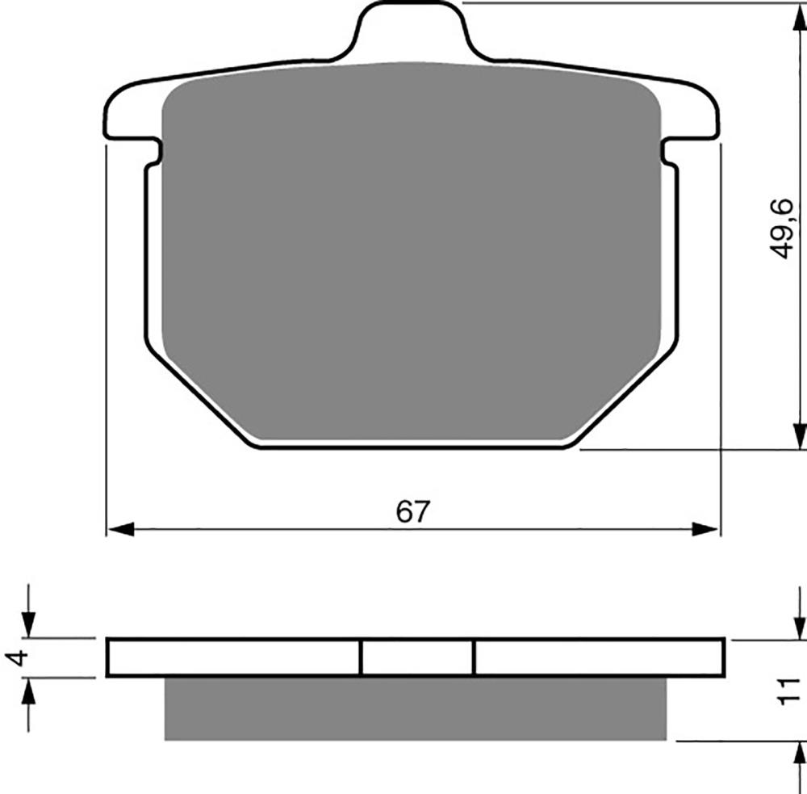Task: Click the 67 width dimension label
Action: point(412,511)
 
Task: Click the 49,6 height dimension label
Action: point(781,229)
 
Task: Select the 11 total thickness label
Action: point(788,691)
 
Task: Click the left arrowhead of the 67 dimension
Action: point(121,529)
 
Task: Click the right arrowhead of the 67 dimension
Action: point(705,529)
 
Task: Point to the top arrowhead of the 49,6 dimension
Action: point(799,18)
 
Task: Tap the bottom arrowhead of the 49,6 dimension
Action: point(799,436)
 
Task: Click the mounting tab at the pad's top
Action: point(412,31)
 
